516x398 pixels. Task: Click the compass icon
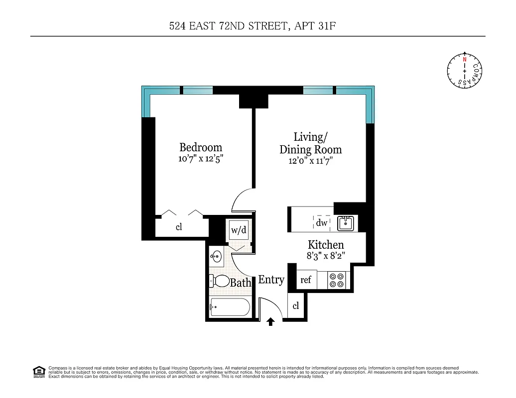[465, 71]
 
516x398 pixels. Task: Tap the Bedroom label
[201, 148]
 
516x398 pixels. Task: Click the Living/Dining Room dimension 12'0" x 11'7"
[310, 161]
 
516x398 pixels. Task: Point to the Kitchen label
[326, 245]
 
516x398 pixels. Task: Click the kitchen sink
[346, 223]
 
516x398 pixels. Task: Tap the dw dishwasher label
[322, 223]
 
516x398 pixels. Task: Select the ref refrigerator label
[306, 280]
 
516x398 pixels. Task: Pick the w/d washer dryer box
[238, 230]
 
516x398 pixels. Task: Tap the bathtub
[229, 307]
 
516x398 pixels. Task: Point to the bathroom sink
[216, 258]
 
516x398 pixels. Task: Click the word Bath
[241, 283]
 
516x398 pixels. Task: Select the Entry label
[271, 280]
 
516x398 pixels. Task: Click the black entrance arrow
[270, 322]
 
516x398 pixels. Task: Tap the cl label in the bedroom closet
[179, 227]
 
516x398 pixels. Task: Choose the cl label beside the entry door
[296, 306]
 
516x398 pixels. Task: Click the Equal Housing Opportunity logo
[38, 371]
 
